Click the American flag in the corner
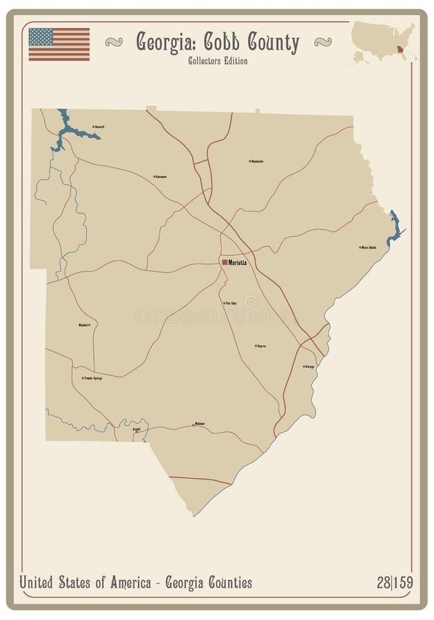59,44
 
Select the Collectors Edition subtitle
217,61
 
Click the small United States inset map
383,41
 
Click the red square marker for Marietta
225,262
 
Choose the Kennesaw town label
161,177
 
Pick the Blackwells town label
257,161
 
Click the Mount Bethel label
369,247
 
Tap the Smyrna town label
261,346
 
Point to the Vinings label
309,366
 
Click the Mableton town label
200,424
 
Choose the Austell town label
136,428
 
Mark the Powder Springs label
93,378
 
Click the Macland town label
84,324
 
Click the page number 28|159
395,583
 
